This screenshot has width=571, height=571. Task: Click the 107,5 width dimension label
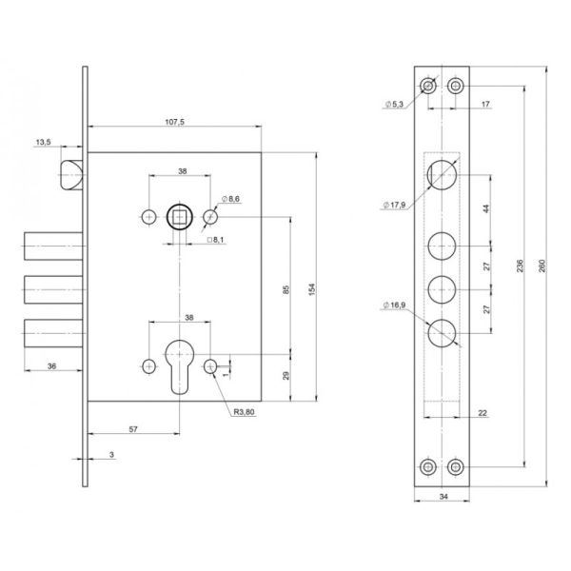[175, 122]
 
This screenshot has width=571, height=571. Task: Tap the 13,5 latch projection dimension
[44, 142]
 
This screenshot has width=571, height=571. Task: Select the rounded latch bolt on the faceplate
[71, 175]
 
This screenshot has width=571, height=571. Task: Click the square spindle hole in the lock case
[179, 217]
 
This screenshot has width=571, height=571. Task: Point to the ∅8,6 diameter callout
[231, 199]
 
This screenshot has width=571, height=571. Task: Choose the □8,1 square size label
[216, 240]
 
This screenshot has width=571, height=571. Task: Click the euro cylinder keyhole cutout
[180, 366]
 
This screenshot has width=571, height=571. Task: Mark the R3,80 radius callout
[244, 412]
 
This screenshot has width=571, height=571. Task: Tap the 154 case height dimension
[312, 289]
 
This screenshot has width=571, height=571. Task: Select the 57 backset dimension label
[133, 429]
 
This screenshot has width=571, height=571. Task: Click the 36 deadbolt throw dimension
[51, 366]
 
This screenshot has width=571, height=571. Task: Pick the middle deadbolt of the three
[53, 290]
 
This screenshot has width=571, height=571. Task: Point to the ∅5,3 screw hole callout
[394, 104]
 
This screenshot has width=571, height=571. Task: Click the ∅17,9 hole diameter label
[394, 205]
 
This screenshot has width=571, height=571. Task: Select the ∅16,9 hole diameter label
[394, 305]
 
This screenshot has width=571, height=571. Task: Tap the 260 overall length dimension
[541, 266]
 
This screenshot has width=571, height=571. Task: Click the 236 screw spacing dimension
[520, 266]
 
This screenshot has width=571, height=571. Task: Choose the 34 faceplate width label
[443, 496]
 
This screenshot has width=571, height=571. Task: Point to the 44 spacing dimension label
[486, 209]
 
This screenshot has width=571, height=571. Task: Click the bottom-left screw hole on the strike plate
[428, 467]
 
